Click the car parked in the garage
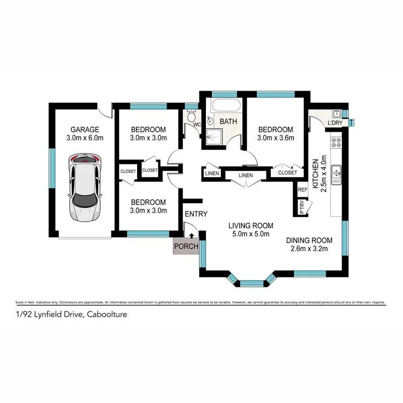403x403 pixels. pyautogui.click(x=85, y=188)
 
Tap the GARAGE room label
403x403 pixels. pyautogui.click(x=85, y=129)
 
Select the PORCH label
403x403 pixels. pyautogui.click(x=186, y=246)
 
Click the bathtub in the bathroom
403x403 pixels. pyautogui.click(x=226, y=107)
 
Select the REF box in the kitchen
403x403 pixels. pyautogui.click(x=303, y=190)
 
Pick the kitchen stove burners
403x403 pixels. pyautogui.click(x=336, y=142)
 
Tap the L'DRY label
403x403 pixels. pyautogui.click(x=334, y=123)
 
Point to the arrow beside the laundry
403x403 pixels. pyautogui.click(x=352, y=122)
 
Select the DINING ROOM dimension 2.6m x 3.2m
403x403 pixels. pyautogui.click(x=309, y=249)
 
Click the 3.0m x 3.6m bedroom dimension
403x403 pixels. pyautogui.click(x=275, y=138)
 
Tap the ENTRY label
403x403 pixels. pyautogui.click(x=196, y=214)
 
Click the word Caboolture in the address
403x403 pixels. pyautogui.click(x=107, y=314)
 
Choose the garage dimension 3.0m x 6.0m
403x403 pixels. pyautogui.click(x=85, y=138)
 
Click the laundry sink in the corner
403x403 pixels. pyautogui.click(x=336, y=112)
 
